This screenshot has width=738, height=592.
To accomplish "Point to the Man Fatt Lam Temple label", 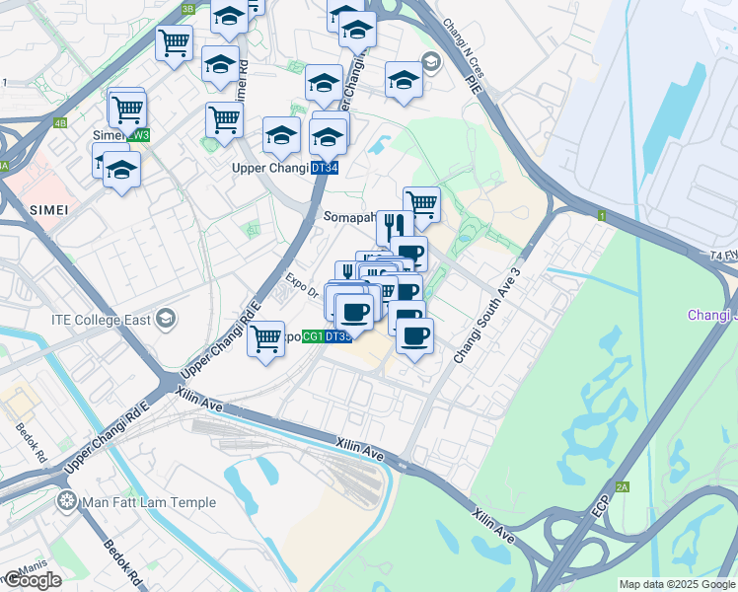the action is [150, 502].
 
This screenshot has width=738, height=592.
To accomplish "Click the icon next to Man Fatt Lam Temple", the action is [67, 502].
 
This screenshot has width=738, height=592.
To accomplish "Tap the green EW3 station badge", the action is [139, 135].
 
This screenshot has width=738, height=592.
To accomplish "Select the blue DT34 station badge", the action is [322, 169].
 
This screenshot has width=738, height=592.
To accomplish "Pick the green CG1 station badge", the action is [312, 337].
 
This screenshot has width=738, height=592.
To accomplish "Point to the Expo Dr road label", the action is [302, 286].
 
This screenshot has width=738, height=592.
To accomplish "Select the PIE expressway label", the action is [475, 86].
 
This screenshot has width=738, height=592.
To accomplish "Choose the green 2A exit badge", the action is [623, 486].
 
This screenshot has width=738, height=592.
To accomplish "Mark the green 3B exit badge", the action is [188, 9].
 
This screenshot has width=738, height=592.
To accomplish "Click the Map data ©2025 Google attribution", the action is [676, 584].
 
